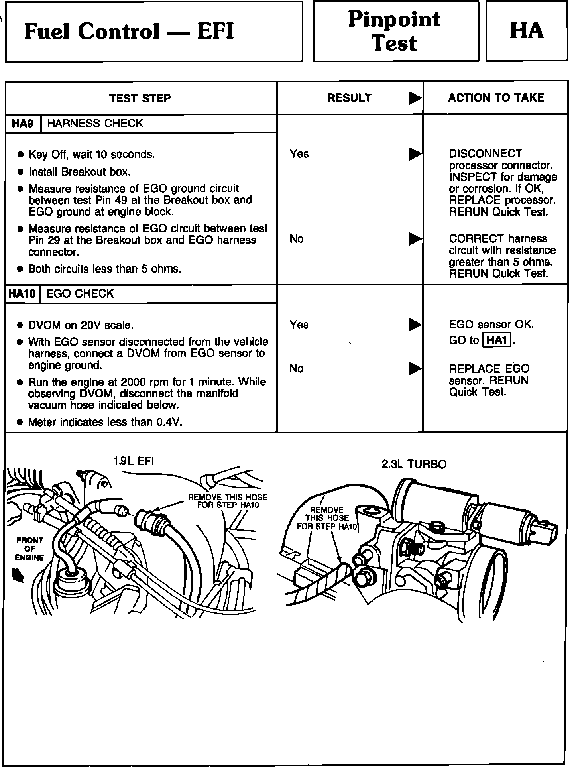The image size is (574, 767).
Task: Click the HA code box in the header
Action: [x=526, y=31]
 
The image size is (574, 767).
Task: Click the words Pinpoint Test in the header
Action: [x=395, y=31]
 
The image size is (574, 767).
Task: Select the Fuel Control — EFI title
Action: [x=129, y=31]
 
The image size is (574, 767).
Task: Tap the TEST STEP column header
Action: [x=140, y=98]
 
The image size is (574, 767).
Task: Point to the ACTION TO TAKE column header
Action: [x=496, y=98]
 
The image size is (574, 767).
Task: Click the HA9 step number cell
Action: [x=23, y=124]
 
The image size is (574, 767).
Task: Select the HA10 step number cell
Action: [x=22, y=294]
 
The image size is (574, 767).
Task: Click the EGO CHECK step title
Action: [x=80, y=294]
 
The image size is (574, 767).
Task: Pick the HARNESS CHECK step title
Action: [x=95, y=124]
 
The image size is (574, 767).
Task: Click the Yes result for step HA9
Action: [x=299, y=154]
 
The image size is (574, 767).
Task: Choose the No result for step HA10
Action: [x=297, y=368]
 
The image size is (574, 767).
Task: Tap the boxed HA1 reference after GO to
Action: [x=497, y=340]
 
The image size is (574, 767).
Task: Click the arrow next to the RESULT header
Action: [x=415, y=98]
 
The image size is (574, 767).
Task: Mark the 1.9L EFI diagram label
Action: [x=134, y=461]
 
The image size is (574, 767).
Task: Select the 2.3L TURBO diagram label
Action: [x=414, y=464]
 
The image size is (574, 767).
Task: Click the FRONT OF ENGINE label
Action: [x=29, y=549]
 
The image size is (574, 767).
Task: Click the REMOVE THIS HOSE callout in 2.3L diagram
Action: [x=327, y=518]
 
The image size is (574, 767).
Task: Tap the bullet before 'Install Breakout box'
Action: [x=21, y=172]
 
